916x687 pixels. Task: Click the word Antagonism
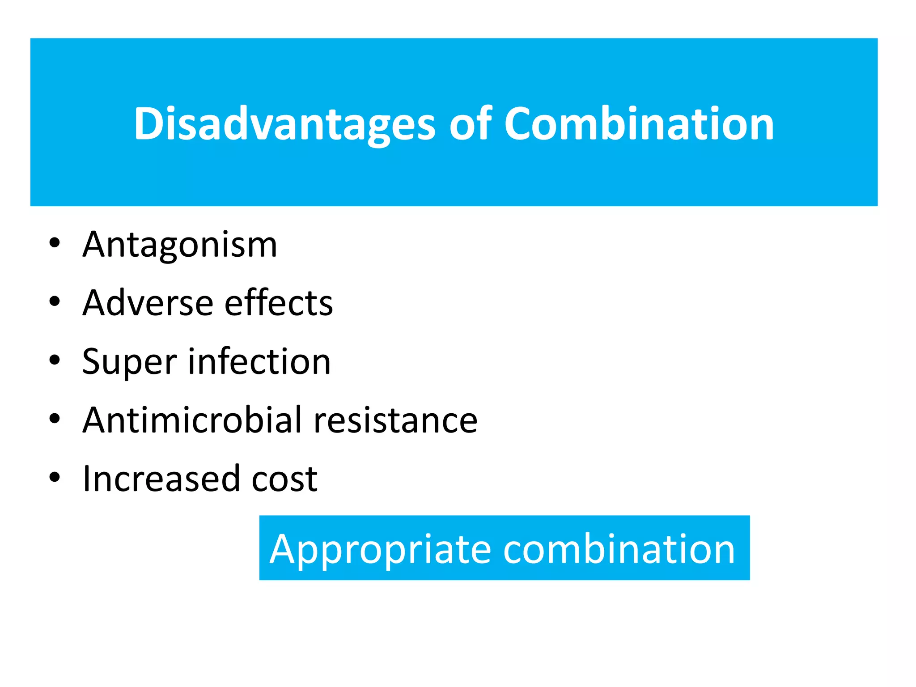click(180, 245)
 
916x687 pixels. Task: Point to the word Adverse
click(148, 303)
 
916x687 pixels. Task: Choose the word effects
click(279, 303)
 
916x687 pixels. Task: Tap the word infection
click(259, 361)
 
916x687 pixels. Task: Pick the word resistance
click(395, 420)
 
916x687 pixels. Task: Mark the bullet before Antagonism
click(55, 243)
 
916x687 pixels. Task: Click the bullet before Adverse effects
click(55, 302)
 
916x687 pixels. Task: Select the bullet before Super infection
click(55, 360)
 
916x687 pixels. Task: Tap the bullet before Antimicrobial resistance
click(55, 419)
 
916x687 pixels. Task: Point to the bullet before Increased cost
click(55, 477)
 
